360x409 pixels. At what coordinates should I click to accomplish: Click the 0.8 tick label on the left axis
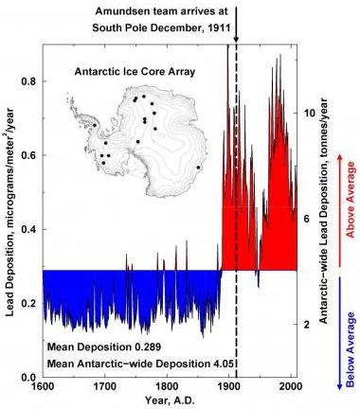[28, 81]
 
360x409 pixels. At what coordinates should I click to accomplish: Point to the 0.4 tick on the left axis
[28, 229]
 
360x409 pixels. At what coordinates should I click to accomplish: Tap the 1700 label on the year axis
[105, 386]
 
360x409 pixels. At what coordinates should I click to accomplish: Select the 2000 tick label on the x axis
[291, 386]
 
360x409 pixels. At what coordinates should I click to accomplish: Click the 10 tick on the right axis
[310, 113]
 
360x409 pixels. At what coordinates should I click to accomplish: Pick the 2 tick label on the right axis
[307, 325]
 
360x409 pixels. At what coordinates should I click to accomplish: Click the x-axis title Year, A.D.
[170, 400]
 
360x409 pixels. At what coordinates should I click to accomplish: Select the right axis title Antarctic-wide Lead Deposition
[323, 210]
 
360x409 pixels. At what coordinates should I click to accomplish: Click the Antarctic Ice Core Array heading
[135, 72]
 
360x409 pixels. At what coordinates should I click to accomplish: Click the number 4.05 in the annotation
[222, 364]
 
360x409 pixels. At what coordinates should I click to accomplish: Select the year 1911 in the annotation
[219, 27]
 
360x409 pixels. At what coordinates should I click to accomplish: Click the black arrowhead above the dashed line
[236, 39]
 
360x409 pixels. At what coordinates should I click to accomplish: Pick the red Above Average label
[351, 199]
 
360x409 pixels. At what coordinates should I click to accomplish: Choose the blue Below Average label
[351, 349]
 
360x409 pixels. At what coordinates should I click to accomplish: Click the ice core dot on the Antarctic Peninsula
[95, 125]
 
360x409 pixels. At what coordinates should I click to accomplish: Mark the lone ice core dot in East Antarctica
[198, 168]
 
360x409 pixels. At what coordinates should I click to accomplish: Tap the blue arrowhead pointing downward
[340, 386]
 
